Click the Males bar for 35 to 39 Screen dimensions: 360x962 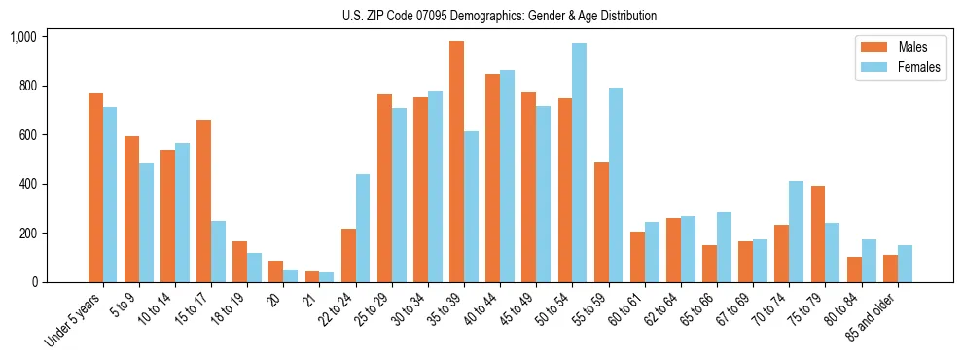[456, 162]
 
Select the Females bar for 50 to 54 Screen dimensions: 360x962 [579, 162]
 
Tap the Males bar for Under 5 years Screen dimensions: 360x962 [95, 188]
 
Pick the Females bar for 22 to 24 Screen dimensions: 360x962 [363, 229]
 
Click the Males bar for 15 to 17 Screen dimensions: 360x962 [203, 201]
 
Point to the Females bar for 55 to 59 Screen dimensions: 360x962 [616, 185]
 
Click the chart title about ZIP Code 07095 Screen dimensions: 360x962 [499, 16]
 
